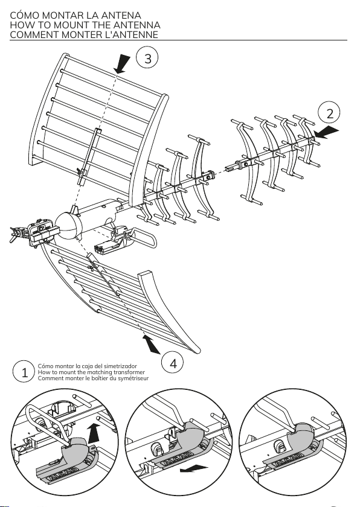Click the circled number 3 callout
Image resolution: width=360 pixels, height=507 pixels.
[x=147, y=59]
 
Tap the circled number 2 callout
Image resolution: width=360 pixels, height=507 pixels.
[x=329, y=113]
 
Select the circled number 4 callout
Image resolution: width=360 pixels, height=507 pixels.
[x=173, y=363]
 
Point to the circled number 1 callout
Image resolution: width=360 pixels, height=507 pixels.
[x=24, y=372]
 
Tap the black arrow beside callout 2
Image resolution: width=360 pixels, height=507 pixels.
[x=326, y=133]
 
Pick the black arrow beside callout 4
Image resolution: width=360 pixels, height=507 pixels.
[x=151, y=345]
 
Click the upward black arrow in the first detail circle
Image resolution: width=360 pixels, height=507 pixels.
[x=94, y=433]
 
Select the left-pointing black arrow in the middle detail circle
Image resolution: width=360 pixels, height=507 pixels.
[x=194, y=468]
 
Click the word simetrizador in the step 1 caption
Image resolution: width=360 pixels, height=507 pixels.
[x=121, y=366]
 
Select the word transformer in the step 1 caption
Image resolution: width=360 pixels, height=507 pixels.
[x=129, y=372]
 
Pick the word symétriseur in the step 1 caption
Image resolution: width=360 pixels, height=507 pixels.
[x=133, y=378]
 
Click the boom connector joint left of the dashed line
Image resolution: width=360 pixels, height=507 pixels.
[x=208, y=176]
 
